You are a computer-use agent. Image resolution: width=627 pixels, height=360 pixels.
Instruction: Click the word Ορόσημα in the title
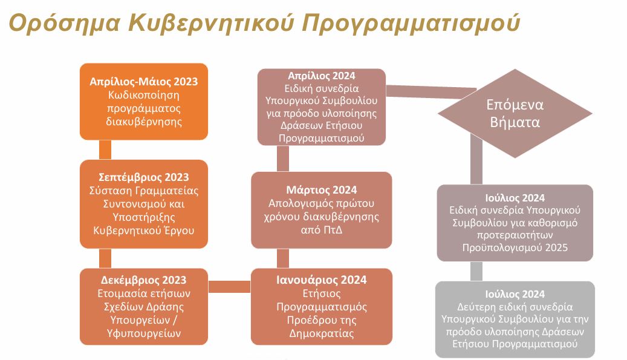tap(64, 23)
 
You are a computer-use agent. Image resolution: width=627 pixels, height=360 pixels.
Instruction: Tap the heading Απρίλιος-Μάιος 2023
tap(143, 82)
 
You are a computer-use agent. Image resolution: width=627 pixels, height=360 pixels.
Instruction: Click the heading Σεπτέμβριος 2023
tap(143, 177)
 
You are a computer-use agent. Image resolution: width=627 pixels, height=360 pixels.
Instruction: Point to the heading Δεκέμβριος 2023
tap(143, 280)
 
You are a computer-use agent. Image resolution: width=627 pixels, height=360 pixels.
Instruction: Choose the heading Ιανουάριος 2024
tap(322, 280)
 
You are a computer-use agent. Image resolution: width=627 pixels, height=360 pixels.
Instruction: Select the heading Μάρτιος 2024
tap(322, 190)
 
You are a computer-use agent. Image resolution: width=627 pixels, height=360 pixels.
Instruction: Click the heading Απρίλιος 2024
tap(322, 76)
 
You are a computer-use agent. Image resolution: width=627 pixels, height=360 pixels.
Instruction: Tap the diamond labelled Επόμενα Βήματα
tap(515, 113)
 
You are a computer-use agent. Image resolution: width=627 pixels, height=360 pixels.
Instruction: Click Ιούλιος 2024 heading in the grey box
tap(515, 295)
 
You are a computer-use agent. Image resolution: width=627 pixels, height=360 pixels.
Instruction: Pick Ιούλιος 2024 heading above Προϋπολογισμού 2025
tap(515, 198)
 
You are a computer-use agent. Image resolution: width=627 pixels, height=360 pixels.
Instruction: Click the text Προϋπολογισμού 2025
tap(515, 247)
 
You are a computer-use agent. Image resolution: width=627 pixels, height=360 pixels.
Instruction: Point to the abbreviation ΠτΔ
tap(333, 230)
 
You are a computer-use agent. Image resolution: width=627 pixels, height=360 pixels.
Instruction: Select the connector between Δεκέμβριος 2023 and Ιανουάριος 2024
tap(230, 286)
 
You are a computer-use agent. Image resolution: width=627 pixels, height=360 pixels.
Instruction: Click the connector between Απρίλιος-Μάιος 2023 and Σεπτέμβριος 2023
tap(105, 149)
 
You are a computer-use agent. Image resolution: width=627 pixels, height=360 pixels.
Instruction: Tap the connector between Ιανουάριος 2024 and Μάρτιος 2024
tap(283, 258)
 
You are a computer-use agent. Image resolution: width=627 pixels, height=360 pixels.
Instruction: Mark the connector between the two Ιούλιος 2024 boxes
tap(476, 271)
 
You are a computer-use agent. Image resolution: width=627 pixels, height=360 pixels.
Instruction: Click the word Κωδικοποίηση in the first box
tap(143, 95)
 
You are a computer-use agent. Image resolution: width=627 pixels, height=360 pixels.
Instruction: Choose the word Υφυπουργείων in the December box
tap(143, 333)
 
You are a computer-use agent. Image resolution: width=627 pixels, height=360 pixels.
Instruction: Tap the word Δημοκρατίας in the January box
tap(322, 333)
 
